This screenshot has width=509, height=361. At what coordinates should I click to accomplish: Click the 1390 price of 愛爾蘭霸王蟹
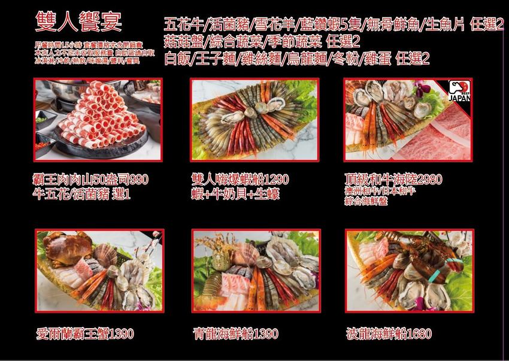tap(118, 333)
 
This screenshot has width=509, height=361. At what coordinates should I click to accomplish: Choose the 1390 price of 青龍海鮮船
tap(266, 333)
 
